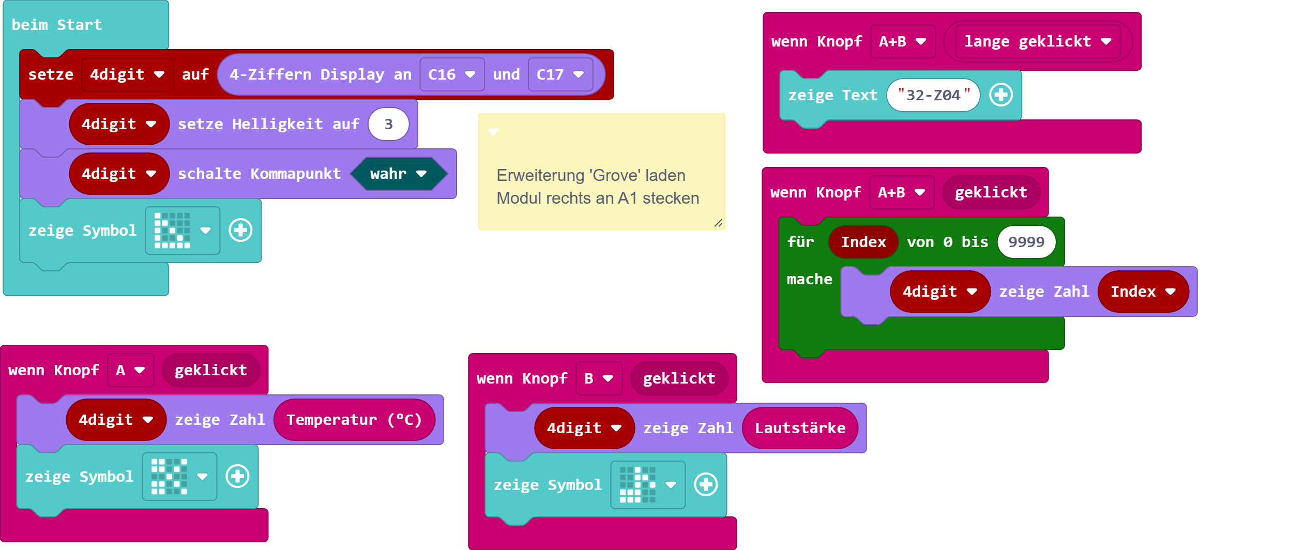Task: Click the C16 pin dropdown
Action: coord(451,74)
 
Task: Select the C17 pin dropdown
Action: coord(560,74)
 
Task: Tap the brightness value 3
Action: coord(388,124)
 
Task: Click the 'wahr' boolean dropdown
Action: coord(398,174)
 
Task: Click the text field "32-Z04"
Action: coord(933,95)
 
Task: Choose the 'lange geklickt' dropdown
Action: coord(1037,41)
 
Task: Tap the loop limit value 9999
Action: coord(1026,242)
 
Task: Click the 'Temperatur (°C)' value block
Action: coord(354,420)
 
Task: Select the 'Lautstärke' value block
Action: coord(800,428)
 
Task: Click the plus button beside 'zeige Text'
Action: coord(1001,95)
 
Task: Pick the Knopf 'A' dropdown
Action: coord(130,370)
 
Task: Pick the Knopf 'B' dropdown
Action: coord(599,378)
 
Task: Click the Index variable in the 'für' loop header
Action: coord(863,242)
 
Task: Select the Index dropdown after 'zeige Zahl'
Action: coord(1143,292)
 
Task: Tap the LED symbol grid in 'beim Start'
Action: coord(173,231)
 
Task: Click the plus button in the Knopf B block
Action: coord(706,485)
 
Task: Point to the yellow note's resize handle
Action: coord(718,223)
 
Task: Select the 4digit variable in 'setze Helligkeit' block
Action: coord(119,124)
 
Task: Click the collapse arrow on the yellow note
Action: coord(493,132)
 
